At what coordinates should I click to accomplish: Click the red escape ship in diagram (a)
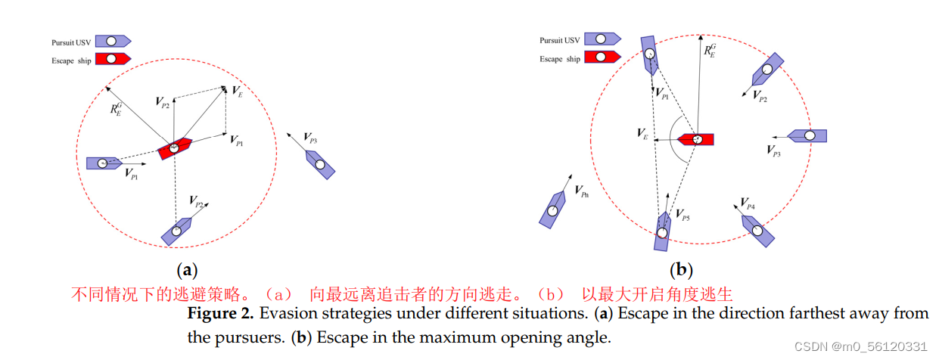(x=173, y=147)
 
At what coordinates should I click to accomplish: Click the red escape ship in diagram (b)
(x=695, y=140)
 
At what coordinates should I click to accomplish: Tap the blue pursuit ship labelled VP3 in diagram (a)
(x=320, y=164)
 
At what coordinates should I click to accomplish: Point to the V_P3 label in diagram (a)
(x=310, y=138)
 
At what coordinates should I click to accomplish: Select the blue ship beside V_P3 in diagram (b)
(x=807, y=136)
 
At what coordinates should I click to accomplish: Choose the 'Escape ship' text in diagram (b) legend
(x=561, y=59)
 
